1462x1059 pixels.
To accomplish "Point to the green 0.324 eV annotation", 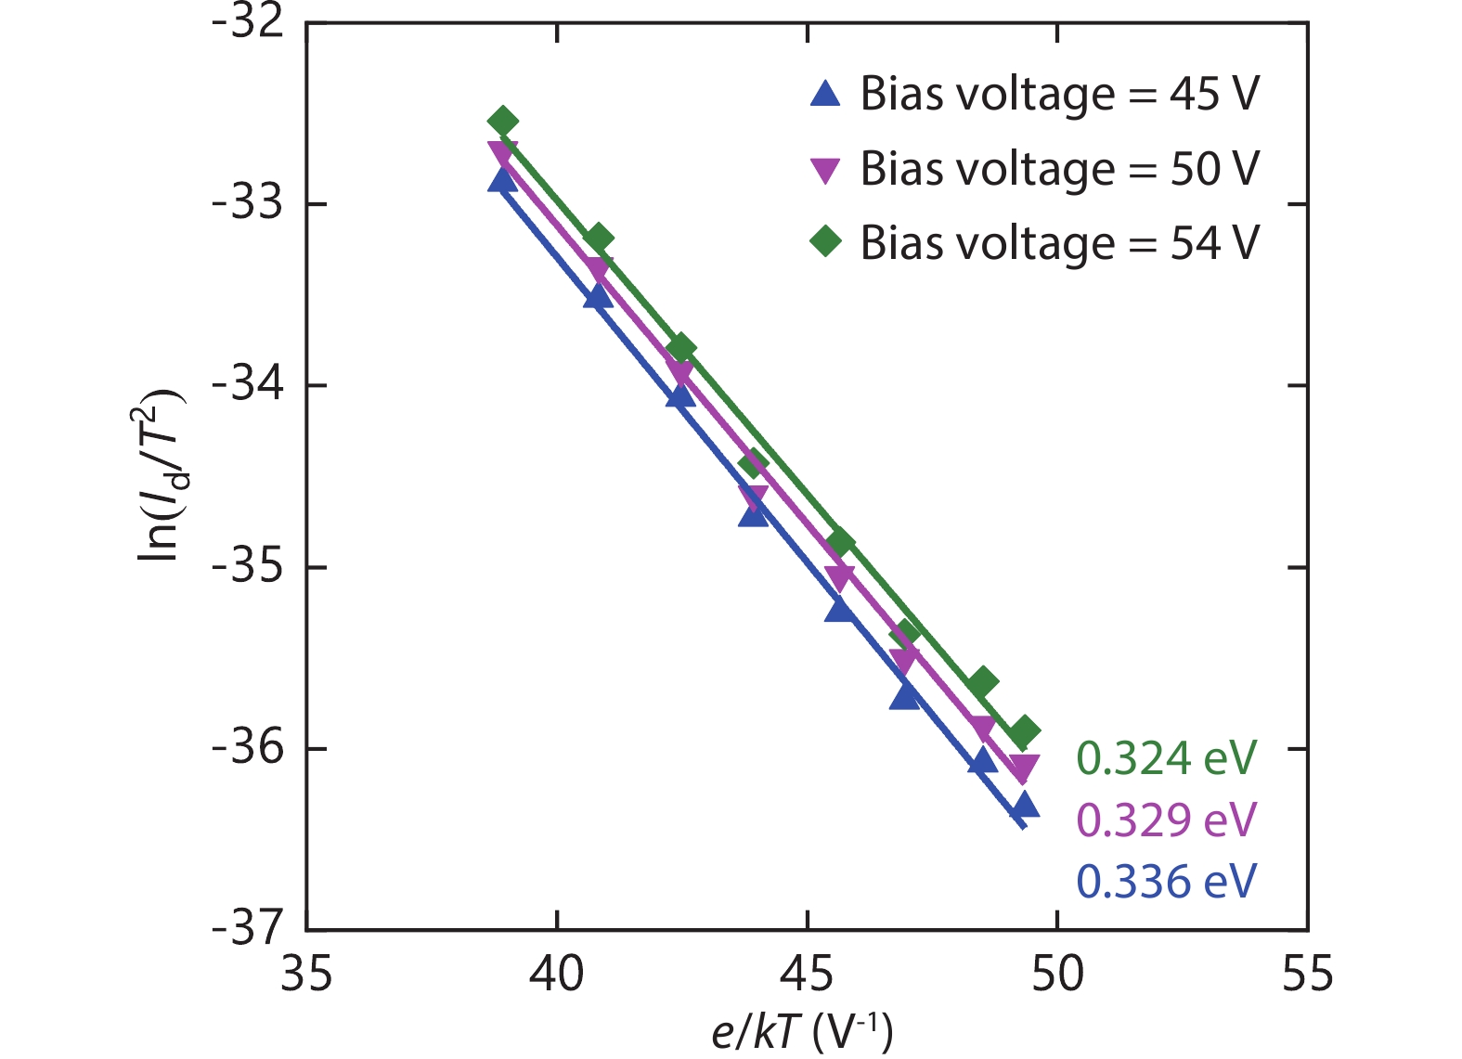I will pos(1166,758).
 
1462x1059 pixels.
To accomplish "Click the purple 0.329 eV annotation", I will pos(1166,820).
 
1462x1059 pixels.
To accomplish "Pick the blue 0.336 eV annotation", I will pos(1166,882).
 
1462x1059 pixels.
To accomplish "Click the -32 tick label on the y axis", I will pos(248,22).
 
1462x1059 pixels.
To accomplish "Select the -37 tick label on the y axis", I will pos(248,928).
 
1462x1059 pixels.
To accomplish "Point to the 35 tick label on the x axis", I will pos(306,975).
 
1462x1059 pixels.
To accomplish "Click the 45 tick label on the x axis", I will pos(807,975).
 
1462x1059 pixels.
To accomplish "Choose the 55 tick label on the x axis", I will pos(1307,975).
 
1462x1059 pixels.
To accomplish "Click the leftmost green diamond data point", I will pos(502,122).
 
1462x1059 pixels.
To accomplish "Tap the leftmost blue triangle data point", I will pos(502,180).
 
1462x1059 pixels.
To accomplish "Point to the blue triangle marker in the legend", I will pos(825,93).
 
